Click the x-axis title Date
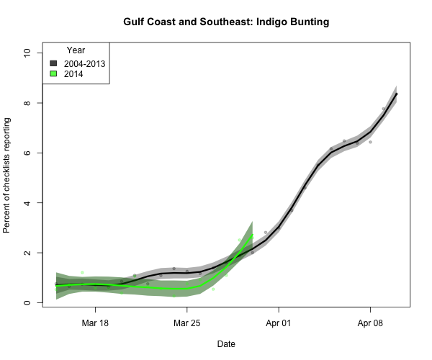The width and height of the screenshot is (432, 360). coord(225,344)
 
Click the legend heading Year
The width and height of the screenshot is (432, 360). coord(76,50)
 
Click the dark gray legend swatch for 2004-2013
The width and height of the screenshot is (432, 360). coord(53,63)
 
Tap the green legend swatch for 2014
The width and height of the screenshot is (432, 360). coord(53,74)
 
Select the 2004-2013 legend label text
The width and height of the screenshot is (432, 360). coord(84,63)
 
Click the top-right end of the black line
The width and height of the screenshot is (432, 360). coord(397,94)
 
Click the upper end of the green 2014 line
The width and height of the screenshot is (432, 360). coord(251,235)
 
